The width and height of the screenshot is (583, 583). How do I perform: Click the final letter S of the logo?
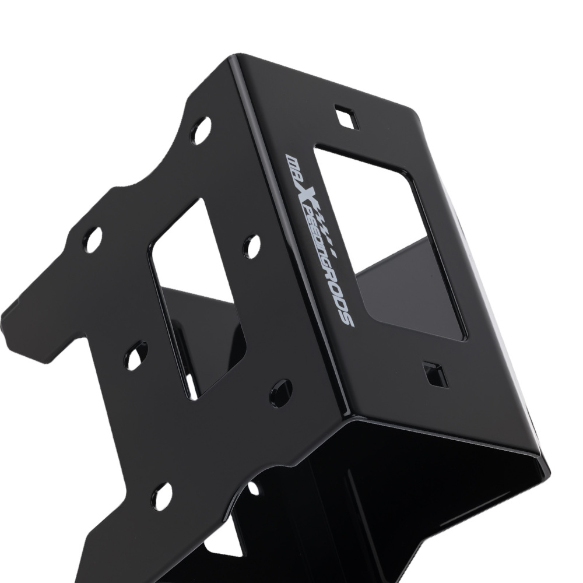pos(349,319)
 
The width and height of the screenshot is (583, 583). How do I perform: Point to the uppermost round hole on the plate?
pos(200,131)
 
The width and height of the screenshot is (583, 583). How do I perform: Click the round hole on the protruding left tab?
pos(92,240)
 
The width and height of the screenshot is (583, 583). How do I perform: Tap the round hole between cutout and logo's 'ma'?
pos(251,247)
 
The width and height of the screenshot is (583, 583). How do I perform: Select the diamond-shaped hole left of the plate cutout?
pos(135,356)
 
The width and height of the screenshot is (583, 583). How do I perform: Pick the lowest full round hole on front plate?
pos(161,496)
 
